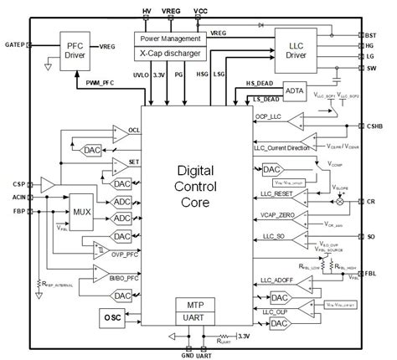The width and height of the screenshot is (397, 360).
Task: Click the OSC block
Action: [88, 317]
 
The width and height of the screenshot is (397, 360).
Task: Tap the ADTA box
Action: [294, 90]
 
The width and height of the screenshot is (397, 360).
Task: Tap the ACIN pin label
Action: [17, 197]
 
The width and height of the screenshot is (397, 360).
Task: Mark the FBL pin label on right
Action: [376, 272]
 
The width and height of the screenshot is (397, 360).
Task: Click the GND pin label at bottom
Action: [186, 354]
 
